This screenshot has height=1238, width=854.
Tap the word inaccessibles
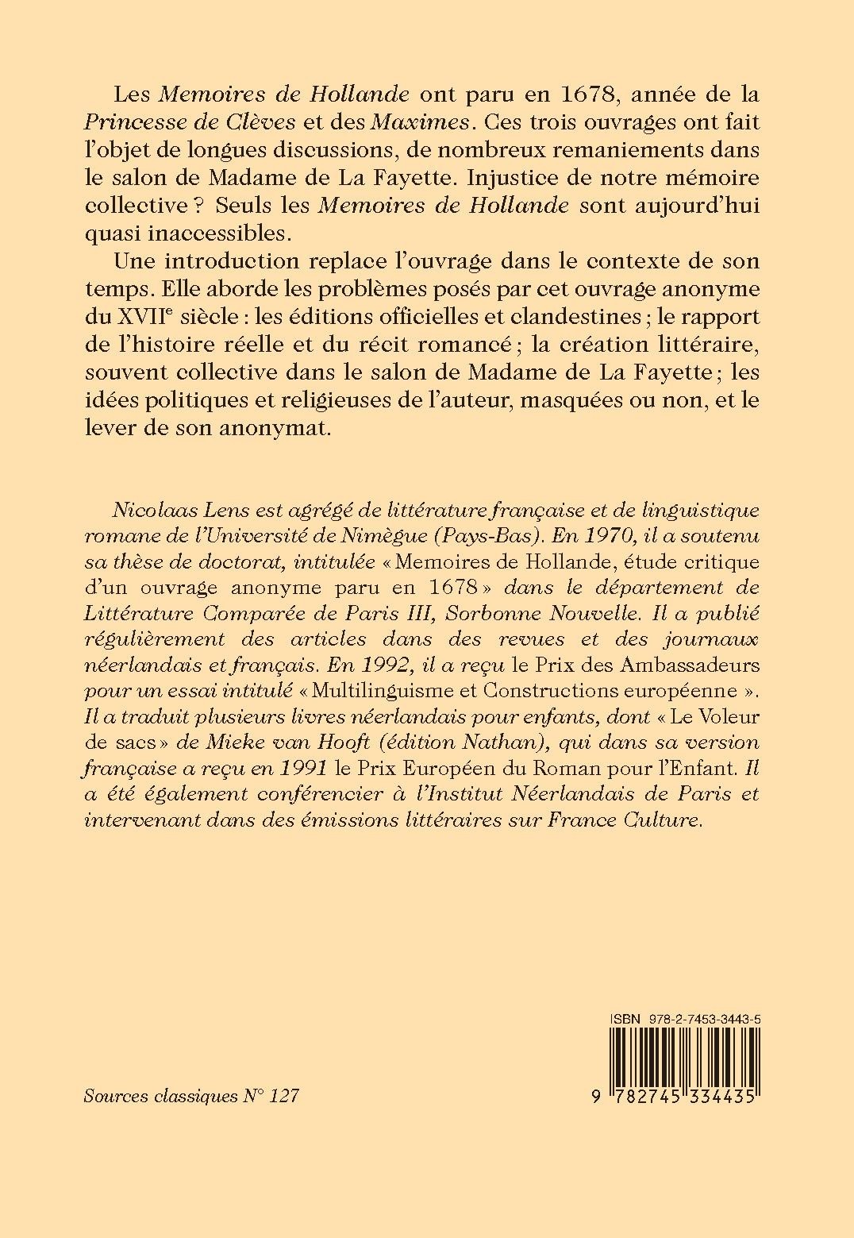click(196, 233)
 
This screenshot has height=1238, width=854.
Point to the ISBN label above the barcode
click(625, 1018)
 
